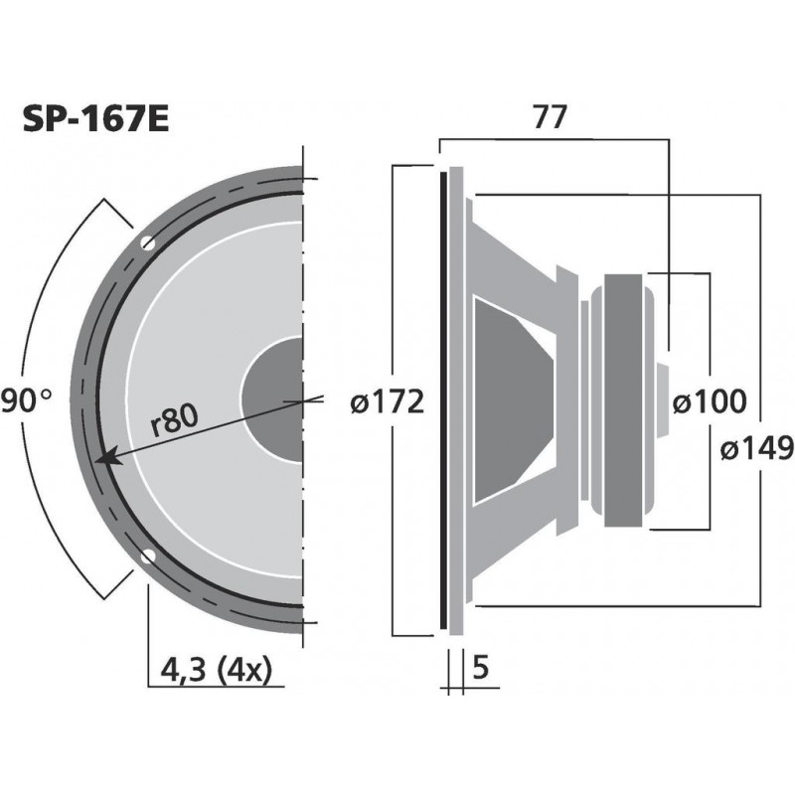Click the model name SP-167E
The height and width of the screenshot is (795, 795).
[x=95, y=121]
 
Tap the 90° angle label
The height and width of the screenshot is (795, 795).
[x=26, y=401]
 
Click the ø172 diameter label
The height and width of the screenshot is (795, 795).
[x=389, y=401]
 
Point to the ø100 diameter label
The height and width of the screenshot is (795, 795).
[x=709, y=401]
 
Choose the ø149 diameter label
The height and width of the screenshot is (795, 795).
[x=756, y=449]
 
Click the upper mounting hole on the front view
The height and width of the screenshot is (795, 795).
[x=148, y=242]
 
